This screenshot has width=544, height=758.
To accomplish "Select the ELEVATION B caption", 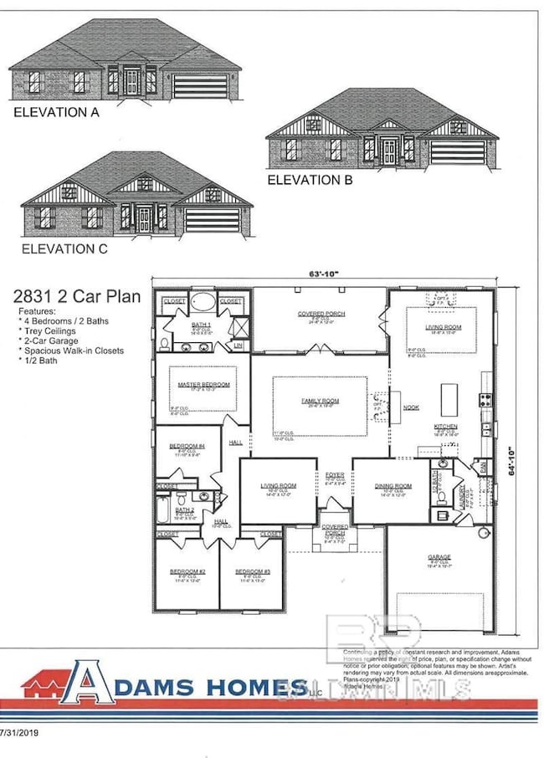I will pyautogui.click(x=310, y=179).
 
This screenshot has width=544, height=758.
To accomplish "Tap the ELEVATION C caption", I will pyautogui.click(x=64, y=248).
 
